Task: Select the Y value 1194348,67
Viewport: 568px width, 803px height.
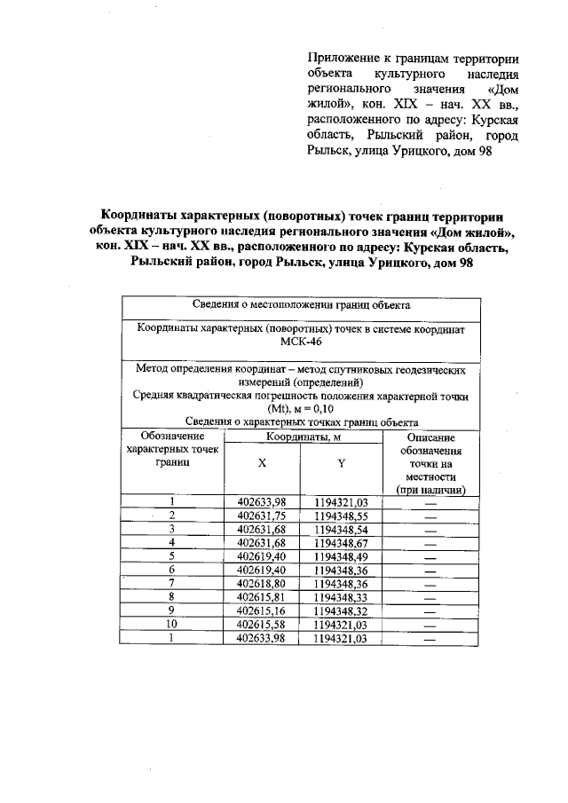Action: pyautogui.click(x=341, y=542)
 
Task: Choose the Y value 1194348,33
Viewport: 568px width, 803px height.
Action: pyautogui.click(x=341, y=597)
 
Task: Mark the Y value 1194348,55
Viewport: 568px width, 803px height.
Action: pyautogui.click(x=341, y=516)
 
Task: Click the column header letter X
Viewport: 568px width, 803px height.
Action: pyautogui.click(x=262, y=464)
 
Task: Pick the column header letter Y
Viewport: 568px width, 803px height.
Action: pyautogui.click(x=341, y=464)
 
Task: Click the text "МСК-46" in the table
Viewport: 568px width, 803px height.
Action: pyautogui.click(x=300, y=342)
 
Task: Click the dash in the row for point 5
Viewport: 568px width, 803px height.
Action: pyautogui.click(x=431, y=556)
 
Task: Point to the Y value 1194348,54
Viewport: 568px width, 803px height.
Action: pyautogui.click(x=341, y=529)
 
